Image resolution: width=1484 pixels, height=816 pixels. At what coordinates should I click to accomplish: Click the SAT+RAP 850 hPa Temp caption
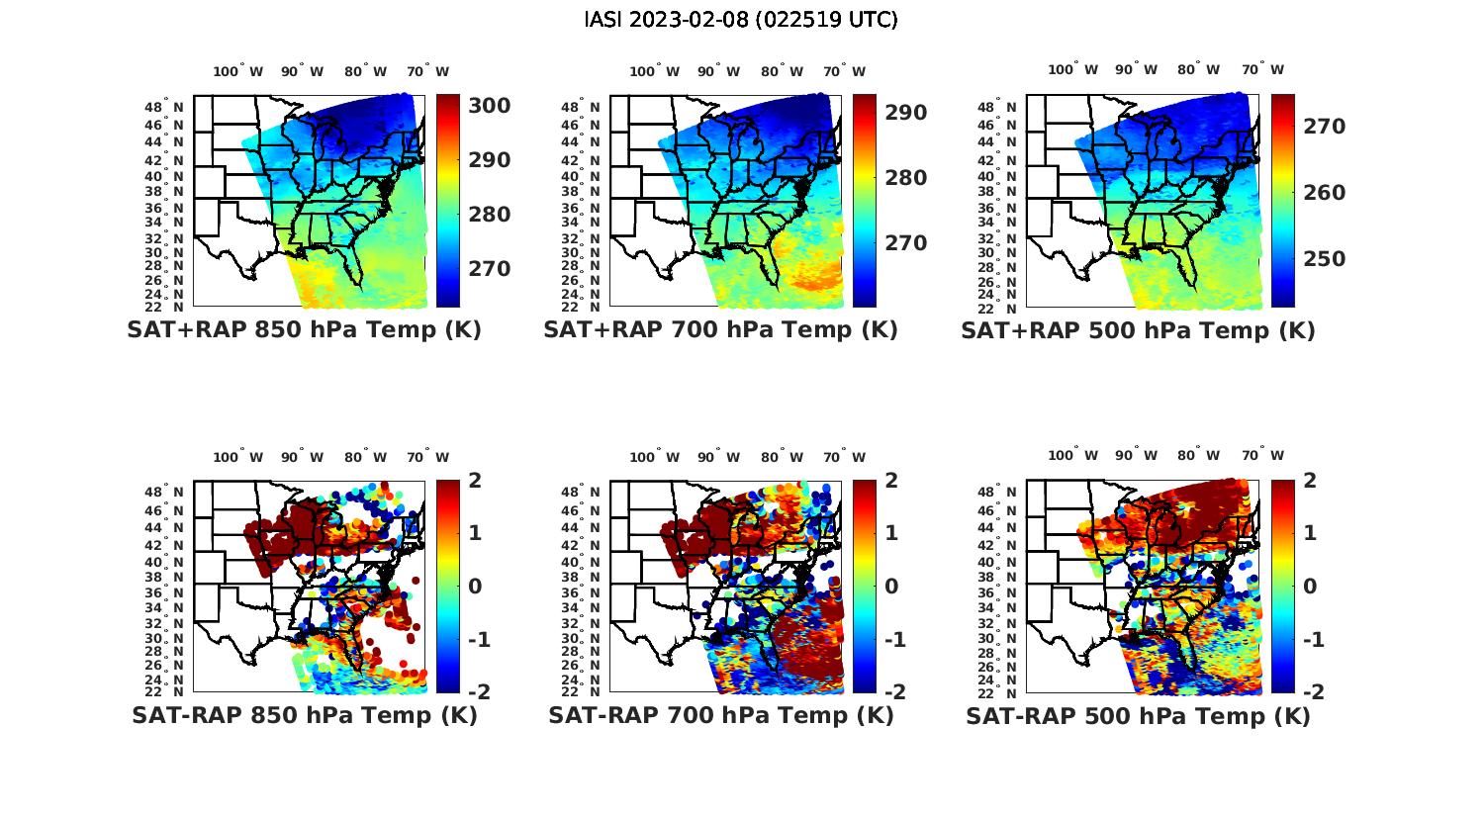pos(304,330)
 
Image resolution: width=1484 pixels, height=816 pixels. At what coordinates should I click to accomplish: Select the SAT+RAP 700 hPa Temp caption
pos(720,330)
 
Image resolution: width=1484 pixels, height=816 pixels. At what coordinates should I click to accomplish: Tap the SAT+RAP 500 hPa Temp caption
pos(1138,331)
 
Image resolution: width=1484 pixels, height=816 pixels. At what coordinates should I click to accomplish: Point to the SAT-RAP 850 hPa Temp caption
pos(304,716)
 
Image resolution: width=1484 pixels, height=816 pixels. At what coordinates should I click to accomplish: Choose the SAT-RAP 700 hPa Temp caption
pos(720,716)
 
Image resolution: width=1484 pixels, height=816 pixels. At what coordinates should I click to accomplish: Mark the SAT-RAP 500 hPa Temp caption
pos(1138,717)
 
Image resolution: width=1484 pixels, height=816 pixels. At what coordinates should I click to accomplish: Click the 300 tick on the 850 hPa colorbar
pos(489,106)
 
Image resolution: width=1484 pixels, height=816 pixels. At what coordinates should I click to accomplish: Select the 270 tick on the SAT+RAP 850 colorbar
pos(489,269)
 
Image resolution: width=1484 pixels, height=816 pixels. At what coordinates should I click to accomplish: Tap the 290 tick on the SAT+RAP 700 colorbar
pos(905,113)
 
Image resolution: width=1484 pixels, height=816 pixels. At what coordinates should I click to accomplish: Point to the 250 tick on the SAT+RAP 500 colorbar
pos(1324,259)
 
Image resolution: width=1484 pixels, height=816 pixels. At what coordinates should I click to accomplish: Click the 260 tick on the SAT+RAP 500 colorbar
pos(1324,193)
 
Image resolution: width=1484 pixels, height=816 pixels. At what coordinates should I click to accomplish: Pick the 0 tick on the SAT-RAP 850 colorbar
pos(475,586)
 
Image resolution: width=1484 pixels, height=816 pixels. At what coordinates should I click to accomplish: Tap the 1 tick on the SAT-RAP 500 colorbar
pos(1309,533)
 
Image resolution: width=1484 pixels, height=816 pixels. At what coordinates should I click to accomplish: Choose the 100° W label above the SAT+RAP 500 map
pos(1072,69)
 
